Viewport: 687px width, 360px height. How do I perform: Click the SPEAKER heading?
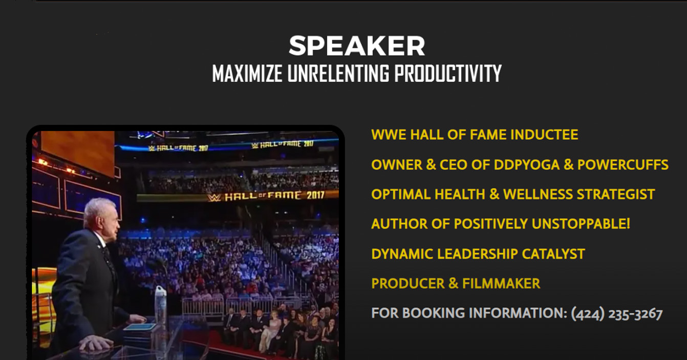[x=357, y=46]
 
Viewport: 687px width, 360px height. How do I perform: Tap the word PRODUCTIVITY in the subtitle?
[x=448, y=74]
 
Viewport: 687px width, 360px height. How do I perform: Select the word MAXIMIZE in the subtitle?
[x=247, y=74]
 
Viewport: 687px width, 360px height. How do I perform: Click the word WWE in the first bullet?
[x=389, y=135]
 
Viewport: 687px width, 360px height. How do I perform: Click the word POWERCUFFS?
[x=623, y=165]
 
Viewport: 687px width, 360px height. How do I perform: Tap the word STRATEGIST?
[x=616, y=195]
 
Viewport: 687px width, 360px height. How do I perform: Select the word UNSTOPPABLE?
[x=581, y=224]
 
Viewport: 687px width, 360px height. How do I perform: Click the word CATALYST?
[x=553, y=254]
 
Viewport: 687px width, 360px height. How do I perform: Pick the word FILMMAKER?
[x=501, y=284]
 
